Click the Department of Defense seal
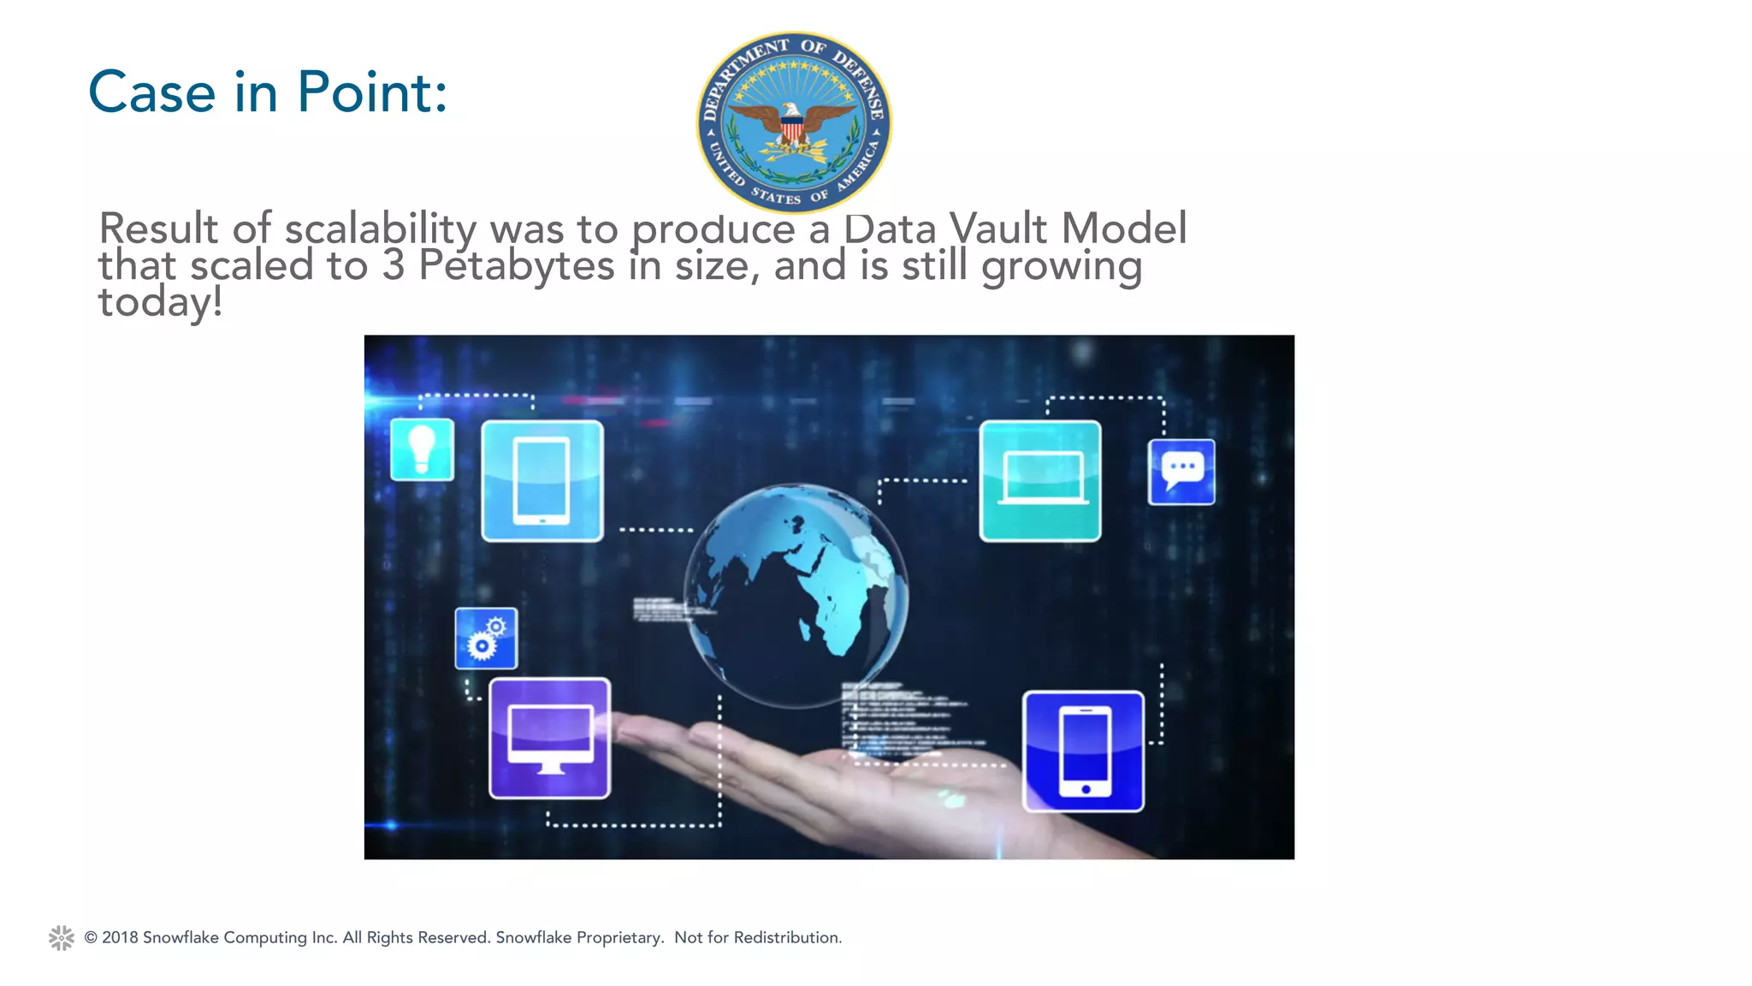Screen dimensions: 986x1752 [794, 122]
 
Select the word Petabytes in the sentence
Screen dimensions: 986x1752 [516, 265]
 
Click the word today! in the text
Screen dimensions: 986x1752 [160, 302]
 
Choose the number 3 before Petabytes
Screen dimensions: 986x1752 [394, 265]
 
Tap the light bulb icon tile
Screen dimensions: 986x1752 [422, 449]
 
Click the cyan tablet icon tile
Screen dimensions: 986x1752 [542, 481]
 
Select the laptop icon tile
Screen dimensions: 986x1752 [1040, 481]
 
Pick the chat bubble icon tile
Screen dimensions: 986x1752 [1181, 472]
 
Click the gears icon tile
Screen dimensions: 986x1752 [486, 639]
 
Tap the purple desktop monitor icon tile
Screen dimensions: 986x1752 [550, 739]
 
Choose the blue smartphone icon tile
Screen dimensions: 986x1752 [1084, 751]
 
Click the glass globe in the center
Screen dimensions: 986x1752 [796, 595]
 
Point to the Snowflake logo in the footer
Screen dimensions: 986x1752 [62, 938]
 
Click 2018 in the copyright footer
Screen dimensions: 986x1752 [120, 938]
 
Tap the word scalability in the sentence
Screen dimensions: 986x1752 [380, 229]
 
